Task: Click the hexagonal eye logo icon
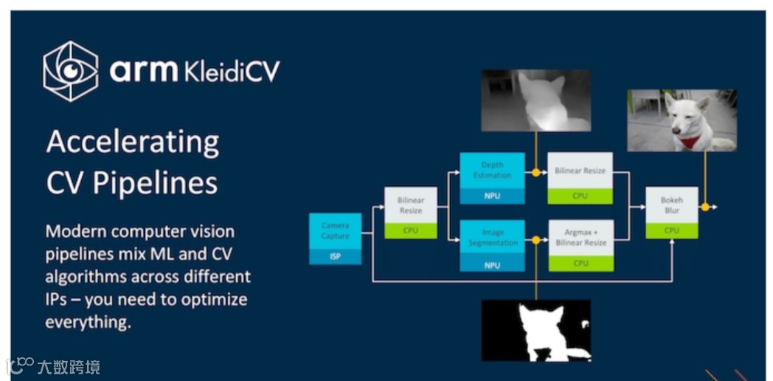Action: coord(70,71)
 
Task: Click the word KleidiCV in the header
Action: coord(232,72)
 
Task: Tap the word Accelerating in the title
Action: coord(132,142)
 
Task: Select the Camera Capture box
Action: coord(335,230)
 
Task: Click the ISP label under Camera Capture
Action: coord(335,256)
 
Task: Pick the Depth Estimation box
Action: coord(492,171)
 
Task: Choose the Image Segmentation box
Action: coord(492,238)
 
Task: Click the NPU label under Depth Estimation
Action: coord(492,196)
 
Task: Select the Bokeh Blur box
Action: coord(671,205)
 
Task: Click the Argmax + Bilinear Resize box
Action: coord(580,238)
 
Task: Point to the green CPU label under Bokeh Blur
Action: coord(671,230)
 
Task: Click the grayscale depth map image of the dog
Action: coord(536,100)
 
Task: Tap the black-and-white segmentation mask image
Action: coord(536,330)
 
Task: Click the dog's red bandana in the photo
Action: coord(690,141)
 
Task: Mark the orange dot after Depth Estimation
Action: coord(536,174)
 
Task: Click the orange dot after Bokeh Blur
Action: coord(705,207)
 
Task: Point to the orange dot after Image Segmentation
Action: coord(536,241)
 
